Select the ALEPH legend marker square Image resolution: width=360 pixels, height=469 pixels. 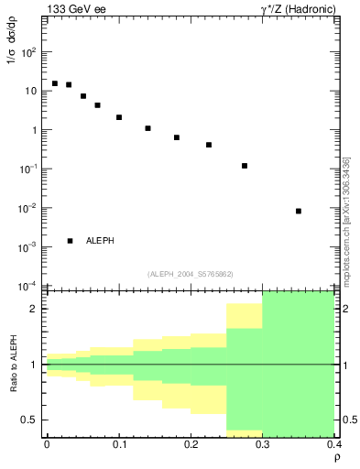click(x=71, y=241)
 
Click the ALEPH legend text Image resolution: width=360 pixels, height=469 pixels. click(x=100, y=241)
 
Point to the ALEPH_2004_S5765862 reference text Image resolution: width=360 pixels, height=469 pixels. click(x=191, y=274)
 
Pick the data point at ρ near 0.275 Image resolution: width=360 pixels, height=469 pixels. click(x=245, y=166)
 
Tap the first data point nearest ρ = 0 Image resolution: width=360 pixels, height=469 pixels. click(x=55, y=83)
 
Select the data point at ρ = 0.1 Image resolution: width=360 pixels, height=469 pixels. click(x=119, y=117)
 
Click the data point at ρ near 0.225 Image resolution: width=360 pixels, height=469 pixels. click(x=209, y=145)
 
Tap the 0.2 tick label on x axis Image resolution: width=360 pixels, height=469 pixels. click(x=191, y=444)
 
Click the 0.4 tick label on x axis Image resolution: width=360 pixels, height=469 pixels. click(x=333, y=444)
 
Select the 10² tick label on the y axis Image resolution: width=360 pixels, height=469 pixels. click(x=29, y=52)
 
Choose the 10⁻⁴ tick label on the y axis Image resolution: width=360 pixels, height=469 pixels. click(x=29, y=286)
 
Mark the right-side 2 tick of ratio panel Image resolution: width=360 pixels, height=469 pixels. click(x=342, y=309)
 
